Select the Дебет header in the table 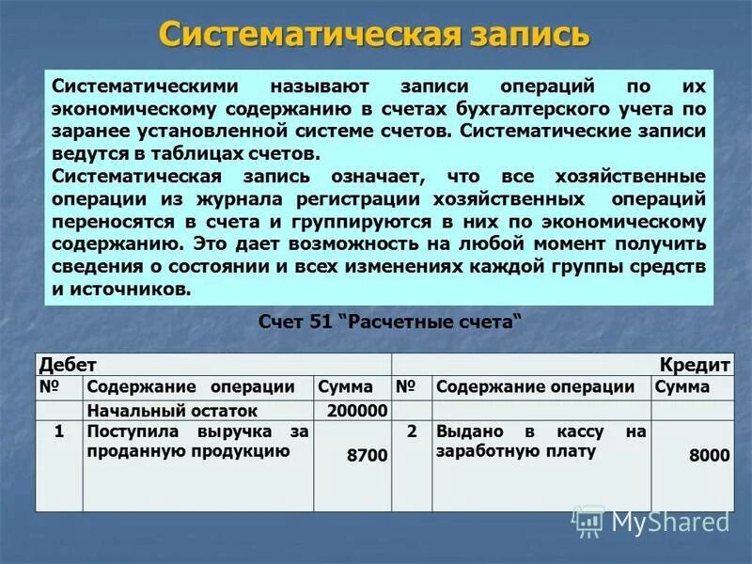click(x=68, y=365)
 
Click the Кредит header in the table click(x=697, y=365)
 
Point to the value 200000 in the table click(x=357, y=411)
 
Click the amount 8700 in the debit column click(x=367, y=455)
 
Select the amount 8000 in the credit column click(x=709, y=455)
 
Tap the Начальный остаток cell click(x=171, y=411)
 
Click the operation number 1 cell click(x=59, y=432)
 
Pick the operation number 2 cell click(x=411, y=432)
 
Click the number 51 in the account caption click(x=321, y=321)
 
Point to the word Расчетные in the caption click(x=404, y=321)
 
